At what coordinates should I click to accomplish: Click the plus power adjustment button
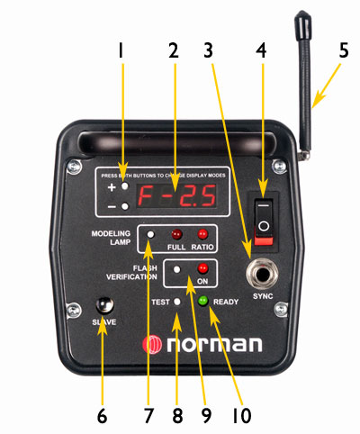125,186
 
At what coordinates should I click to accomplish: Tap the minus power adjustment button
125,206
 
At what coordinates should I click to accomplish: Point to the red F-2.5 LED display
176,195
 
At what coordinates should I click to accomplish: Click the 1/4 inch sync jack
262,273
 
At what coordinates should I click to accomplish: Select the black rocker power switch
264,222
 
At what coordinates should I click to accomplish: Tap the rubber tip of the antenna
302,25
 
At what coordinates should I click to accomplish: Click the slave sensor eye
104,305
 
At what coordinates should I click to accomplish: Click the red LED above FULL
176,234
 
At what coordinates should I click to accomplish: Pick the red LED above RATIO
202,234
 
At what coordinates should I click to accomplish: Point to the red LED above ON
202,268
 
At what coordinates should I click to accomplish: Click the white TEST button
177,302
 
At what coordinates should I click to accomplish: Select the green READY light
203,301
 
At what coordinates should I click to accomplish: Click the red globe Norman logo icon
152,345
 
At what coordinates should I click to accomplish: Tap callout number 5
344,50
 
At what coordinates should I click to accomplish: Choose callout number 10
242,416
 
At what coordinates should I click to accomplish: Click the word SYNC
263,296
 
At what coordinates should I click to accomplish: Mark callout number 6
102,416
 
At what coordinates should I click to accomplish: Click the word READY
226,302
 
